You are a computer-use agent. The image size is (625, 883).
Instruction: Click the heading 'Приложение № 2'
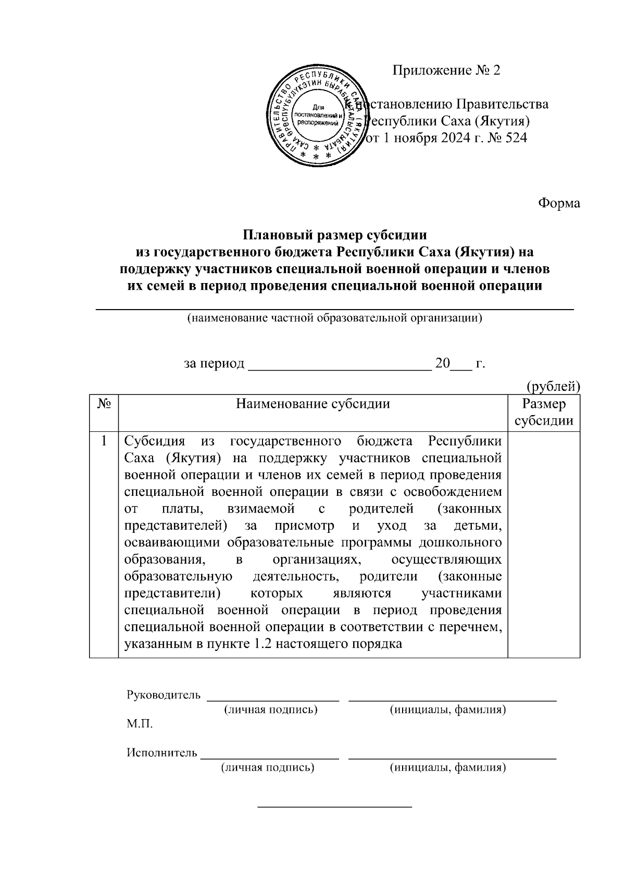pyautogui.click(x=446, y=70)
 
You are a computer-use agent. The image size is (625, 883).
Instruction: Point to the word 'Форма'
pyautogui.click(x=559, y=203)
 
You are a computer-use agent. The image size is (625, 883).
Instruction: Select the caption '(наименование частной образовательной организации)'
pyautogui.click(x=334, y=318)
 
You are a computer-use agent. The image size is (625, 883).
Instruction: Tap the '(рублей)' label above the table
pyautogui.click(x=553, y=386)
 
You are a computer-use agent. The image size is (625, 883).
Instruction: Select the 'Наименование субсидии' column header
pyautogui.click(x=312, y=404)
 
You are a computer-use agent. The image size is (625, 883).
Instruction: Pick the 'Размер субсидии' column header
pyautogui.click(x=544, y=412)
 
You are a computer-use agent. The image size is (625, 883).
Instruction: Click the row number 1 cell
pyautogui.click(x=104, y=441)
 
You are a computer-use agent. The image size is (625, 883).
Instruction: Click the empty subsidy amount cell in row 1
pyautogui.click(x=544, y=544)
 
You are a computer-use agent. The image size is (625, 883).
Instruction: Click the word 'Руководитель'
pyautogui.click(x=163, y=695)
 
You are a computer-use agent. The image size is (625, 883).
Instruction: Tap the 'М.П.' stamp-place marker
pyautogui.click(x=140, y=724)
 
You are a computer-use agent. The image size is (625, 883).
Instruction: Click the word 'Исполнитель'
pyautogui.click(x=162, y=752)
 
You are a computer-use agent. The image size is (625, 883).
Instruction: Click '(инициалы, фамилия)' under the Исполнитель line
pyautogui.click(x=448, y=767)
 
